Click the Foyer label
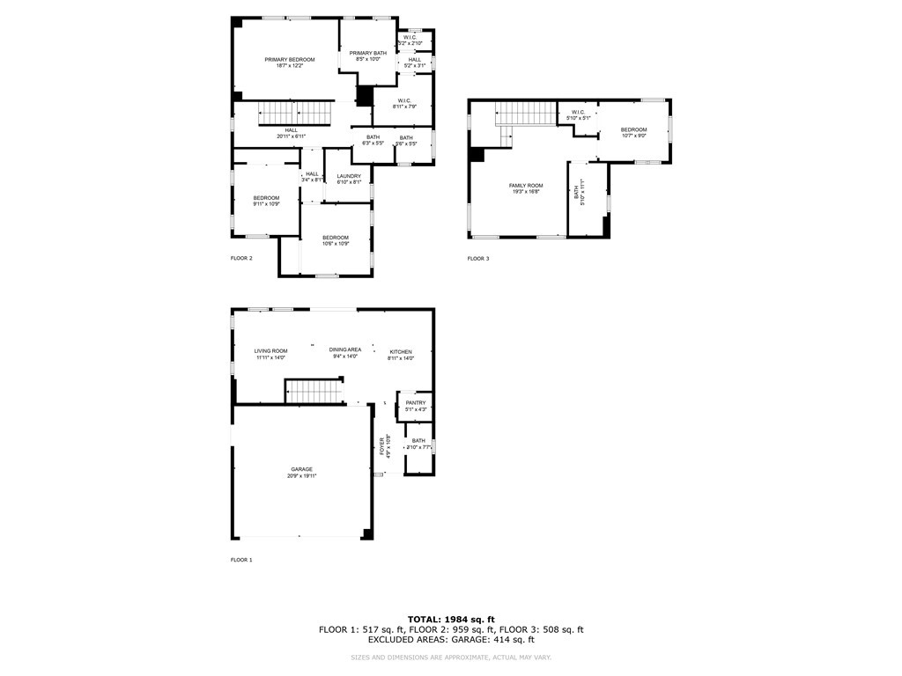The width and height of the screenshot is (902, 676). (383, 445)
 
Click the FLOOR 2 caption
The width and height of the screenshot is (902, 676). (241, 259)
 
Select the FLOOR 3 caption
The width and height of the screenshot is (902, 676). (477, 259)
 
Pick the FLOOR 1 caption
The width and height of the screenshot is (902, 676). (241, 560)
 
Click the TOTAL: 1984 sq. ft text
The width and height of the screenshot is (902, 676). (451, 620)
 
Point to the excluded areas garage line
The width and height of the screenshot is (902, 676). (451, 640)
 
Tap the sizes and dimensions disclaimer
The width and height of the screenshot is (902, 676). (451, 658)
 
